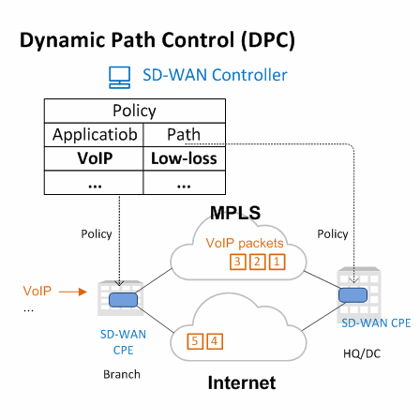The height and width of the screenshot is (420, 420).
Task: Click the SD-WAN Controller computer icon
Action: click(x=119, y=78)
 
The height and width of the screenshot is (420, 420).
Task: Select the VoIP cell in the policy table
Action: click(x=94, y=158)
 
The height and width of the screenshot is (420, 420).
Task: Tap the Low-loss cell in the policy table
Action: click(x=184, y=158)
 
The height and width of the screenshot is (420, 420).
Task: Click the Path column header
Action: click(x=184, y=135)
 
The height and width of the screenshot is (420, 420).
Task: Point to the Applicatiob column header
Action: click(x=94, y=135)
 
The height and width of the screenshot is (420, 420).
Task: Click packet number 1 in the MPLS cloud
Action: click(x=277, y=262)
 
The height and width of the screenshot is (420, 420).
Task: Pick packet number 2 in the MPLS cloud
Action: click(x=257, y=262)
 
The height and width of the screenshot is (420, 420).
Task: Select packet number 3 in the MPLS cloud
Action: click(x=238, y=262)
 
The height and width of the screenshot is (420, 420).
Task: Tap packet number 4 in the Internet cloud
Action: click(x=215, y=341)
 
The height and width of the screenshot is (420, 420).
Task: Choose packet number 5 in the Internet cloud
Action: click(x=195, y=341)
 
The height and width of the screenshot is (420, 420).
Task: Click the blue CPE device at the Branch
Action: click(x=123, y=300)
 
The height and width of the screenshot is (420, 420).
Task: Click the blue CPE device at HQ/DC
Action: click(x=353, y=295)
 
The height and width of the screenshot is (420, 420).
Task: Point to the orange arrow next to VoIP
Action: click(x=73, y=292)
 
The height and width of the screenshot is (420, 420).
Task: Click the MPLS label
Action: click(x=235, y=213)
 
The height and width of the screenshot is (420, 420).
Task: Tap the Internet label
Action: click(x=242, y=382)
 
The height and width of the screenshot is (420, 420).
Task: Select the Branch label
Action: click(x=122, y=374)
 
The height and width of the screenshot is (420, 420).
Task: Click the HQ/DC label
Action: click(x=362, y=353)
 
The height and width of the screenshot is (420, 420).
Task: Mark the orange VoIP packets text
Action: click(x=245, y=243)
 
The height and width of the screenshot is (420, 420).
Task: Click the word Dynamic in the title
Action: click(x=63, y=41)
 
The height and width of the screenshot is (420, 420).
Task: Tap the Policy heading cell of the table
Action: click(x=135, y=111)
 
